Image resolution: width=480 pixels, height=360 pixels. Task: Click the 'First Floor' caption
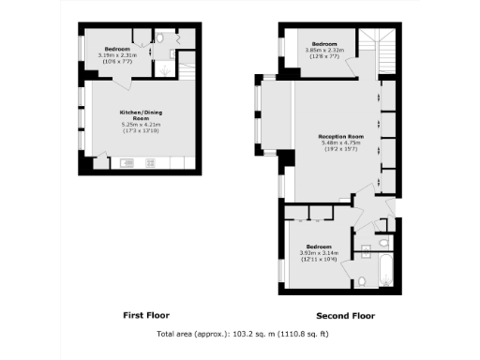[x=146, y=314]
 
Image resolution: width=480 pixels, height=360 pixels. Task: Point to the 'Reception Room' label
[x=340, y=136]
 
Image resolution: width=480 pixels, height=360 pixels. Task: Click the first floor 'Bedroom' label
[x=117, y=48]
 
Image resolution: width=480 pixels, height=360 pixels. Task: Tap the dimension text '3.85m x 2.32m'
[x=323, y=51]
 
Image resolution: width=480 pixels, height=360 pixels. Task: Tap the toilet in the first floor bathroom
[x=160, y=38]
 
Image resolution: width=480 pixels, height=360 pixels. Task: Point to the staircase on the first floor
[x=186, y=70]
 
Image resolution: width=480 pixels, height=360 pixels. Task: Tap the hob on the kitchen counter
[x=152, y=163]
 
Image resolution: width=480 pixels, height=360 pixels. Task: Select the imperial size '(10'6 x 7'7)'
[x=117, y=61]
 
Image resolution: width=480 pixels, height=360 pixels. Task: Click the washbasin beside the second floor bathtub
[x=367, y=248]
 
